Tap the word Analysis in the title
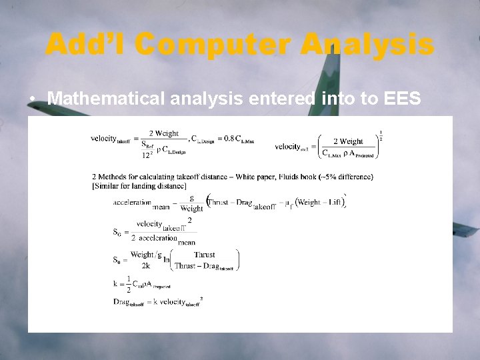(367, 45)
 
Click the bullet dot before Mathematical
(33, 99)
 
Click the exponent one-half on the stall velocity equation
(381, 135)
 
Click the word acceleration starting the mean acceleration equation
(131, 201)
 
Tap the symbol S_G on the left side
(117, 232)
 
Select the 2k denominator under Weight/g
(145, 265)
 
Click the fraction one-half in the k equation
(129, 283)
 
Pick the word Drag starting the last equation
(121, 301)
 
